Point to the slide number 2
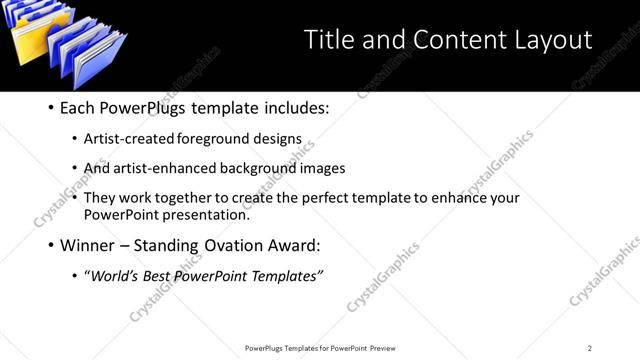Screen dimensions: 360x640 point(590,348)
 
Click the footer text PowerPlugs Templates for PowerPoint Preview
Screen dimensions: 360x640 point(320,348)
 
